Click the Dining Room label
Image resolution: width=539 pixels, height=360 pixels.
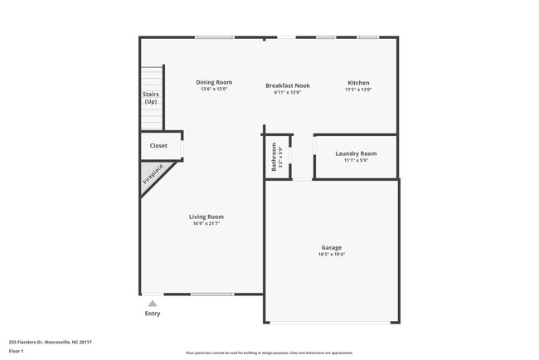pos(214,82)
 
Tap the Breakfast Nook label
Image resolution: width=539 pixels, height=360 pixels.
pos(288,85)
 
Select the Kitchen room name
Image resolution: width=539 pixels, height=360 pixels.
pos(358,82)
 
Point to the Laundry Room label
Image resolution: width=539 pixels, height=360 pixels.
pos(356,153)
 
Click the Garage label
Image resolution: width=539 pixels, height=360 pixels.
pos(332,247)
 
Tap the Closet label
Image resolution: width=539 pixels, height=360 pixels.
pos(158,146)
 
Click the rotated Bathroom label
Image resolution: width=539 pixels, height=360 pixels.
pos(274,157)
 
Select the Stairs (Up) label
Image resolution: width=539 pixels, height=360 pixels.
pos(151,98)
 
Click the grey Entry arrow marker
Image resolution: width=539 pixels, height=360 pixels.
pos(153,304)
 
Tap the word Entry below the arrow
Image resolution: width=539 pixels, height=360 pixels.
pos(153,314)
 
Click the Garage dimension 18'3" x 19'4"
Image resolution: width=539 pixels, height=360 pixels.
pos(332,255)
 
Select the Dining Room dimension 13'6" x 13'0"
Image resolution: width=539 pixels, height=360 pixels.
pos(214,89)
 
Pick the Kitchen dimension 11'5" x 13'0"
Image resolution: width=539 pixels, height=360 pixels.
pos(358,89)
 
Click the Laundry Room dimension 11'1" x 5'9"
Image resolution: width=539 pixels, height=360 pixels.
pos(356,160)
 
